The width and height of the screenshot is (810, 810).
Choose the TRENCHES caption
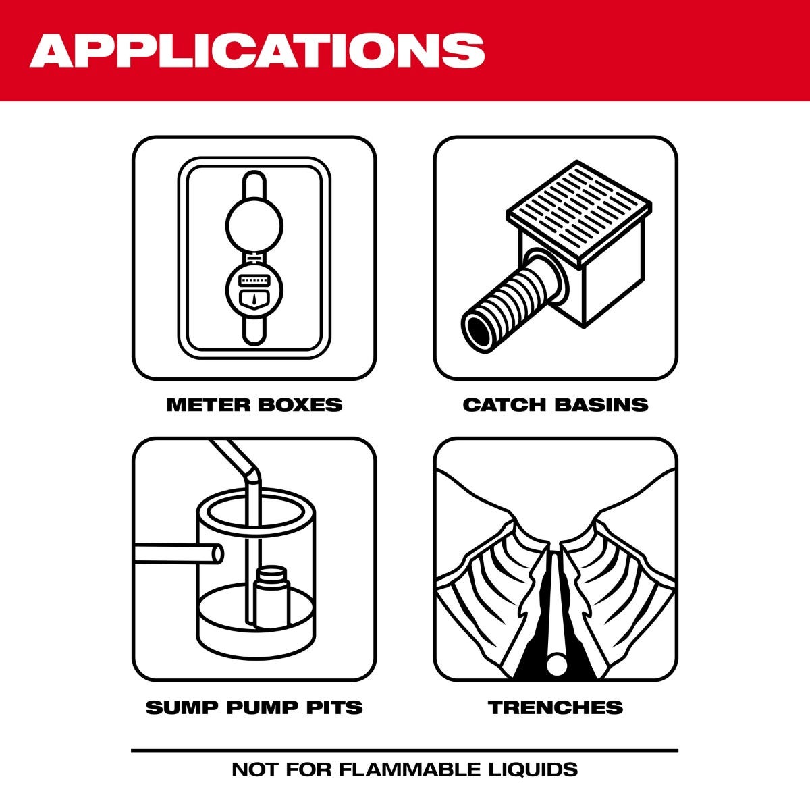[555, 707]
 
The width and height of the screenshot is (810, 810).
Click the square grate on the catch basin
[579, 206]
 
